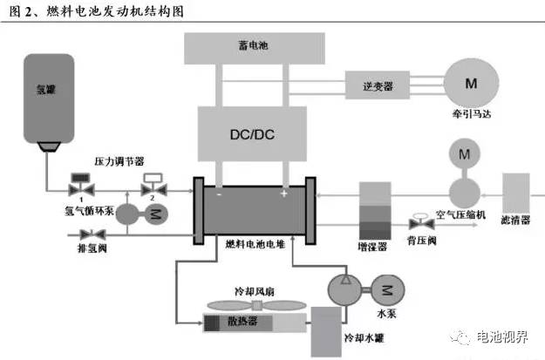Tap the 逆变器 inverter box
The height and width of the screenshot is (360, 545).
click(x=379, y=85)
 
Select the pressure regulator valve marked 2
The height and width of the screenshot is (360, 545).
click(x=154, y=188)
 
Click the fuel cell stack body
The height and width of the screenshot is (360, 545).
click(x=253, y=210)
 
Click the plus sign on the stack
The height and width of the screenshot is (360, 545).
click(x=284, y=193)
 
